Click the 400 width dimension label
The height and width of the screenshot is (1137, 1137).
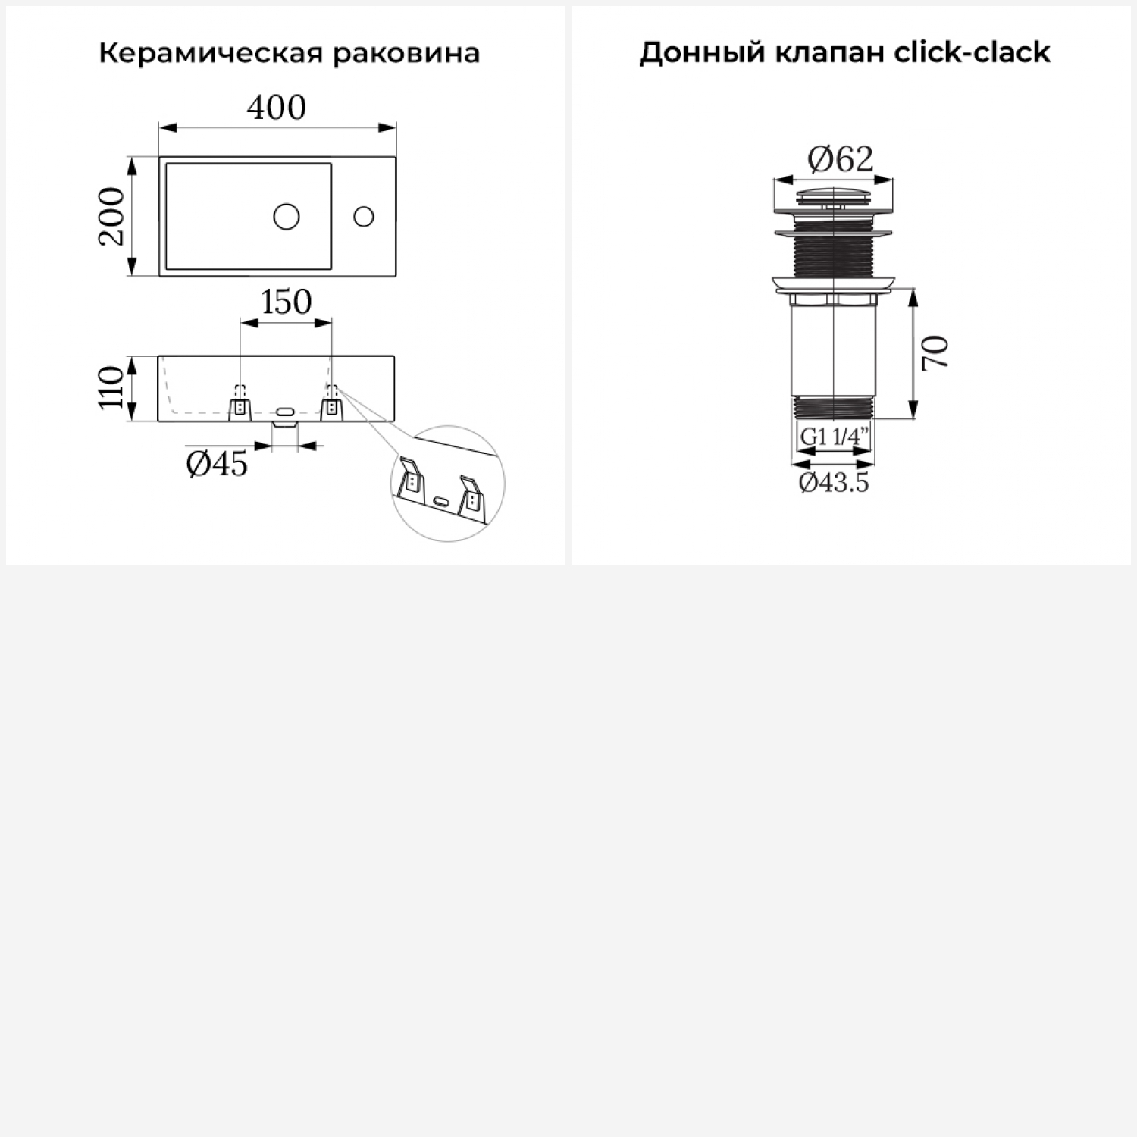pyautogui.click(x=277, y=108)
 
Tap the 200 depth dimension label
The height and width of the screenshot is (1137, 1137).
pyautogui.click(x=111, y=216)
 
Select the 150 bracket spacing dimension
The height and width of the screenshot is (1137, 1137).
pyautogui.click(x=287, y=302)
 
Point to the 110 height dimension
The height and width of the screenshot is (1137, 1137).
pyautogui.click(x=111, y=387)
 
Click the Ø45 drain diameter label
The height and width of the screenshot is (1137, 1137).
pyautogui.click(x=217, y=463)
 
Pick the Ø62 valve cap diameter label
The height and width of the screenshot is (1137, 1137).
pyautogui.click(x=841, y=158)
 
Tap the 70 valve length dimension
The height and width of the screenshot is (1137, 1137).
pyautogui.click(x=935, y=352)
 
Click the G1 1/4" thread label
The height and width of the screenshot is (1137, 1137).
pyautogui.click(x=834, y=437)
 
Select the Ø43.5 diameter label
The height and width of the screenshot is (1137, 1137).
pyautogui.click(x=834, y=482)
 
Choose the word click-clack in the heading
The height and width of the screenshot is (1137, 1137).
pyautogui.click(x=972, y=52)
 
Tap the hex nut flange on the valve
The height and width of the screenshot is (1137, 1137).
pyautogui.click(x=834, y=299)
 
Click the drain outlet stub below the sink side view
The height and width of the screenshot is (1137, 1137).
pyautogui.click(x=285, y=426)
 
